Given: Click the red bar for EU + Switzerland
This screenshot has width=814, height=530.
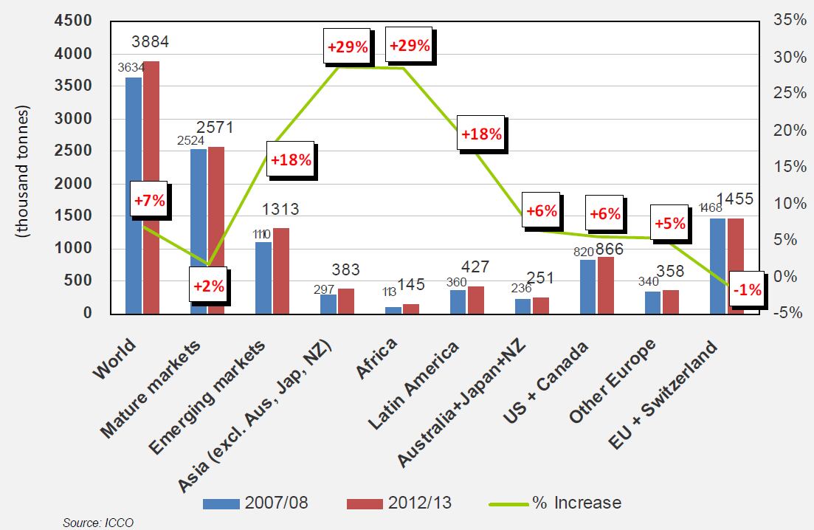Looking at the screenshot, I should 736,266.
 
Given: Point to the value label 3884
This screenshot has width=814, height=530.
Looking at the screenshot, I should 151,42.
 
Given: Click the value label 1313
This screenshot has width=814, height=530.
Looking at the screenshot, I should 280,210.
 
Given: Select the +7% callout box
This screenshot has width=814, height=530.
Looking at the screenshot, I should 148,199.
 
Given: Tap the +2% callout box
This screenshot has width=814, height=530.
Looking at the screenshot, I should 208,286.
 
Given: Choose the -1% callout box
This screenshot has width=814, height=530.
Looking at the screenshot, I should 747,290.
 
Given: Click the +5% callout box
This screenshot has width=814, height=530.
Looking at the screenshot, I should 669,223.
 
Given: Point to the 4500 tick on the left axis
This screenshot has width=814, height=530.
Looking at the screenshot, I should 72,21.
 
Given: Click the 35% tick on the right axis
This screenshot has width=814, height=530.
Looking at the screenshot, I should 789,21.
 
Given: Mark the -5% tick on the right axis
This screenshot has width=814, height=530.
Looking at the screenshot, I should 788,312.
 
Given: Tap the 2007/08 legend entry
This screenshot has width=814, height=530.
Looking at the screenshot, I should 255,503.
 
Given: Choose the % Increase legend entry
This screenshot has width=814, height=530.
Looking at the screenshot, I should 554,503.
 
